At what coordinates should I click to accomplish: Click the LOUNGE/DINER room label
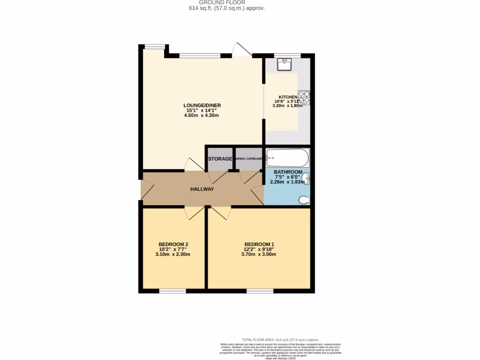click(x=202, y=105)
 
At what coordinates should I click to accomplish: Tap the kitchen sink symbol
click(x=284, y=64)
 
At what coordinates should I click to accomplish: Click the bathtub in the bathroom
click(x=287, y=157)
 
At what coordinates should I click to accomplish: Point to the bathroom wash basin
click(x=306, y=179)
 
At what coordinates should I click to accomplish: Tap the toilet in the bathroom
click(x=304, y=200)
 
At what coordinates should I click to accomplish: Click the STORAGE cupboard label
click(x=220, y=159)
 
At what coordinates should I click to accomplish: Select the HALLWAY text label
click(x=202, y=189)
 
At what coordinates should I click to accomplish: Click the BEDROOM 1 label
click(x=259, y=244)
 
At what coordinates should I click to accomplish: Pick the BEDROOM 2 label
click(x=173, y=244)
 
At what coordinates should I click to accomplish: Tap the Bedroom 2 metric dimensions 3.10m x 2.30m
click(x=173, y=254)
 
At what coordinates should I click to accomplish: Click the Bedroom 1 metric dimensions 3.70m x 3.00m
click(x=259, y=254)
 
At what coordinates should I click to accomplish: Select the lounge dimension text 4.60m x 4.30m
click(x=202, y=115)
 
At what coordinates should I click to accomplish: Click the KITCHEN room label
click(x=288, y=97)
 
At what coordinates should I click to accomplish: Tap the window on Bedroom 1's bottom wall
click(x=260, y=291)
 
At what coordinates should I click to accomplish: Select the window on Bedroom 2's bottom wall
click(x=172, y=291)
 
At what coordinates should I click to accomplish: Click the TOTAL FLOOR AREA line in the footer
click(x=280, y=339)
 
